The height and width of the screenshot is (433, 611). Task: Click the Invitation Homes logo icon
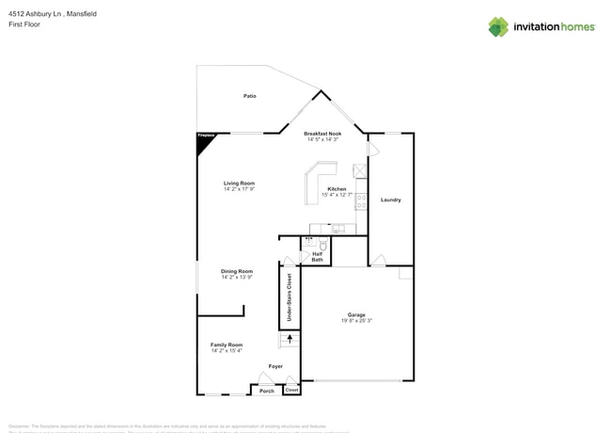498,27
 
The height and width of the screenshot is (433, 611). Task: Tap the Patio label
250,96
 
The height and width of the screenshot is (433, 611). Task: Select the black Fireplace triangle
202,137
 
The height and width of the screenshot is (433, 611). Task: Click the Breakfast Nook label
322,134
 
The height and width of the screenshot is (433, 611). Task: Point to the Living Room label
239,183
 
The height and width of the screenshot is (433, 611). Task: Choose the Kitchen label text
337,189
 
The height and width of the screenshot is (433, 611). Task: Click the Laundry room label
391,200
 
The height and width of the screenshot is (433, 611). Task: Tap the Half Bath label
318,256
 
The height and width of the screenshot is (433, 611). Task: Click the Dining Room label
237,271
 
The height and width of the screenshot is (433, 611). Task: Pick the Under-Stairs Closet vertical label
289,297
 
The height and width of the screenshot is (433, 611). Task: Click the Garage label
355,315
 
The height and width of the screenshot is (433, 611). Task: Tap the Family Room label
227,345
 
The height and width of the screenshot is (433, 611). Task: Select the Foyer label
275,366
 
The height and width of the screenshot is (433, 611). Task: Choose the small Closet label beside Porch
292,390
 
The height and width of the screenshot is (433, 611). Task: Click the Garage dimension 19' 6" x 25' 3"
355,322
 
